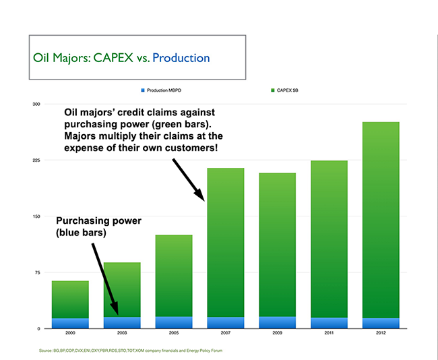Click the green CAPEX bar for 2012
(381, 220)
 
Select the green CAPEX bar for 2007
(226, 242)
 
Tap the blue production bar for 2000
(70, 324)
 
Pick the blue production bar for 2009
(278, 322)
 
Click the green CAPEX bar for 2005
(174, 276)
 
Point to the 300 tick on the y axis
(36, 104)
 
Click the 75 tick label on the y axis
(38, 272)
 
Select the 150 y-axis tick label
(36, 216)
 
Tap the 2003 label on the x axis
(122, 333)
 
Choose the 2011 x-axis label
(329, 333)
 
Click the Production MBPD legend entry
(161, 90)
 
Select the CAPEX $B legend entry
(284, 90)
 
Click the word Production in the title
(181, 58)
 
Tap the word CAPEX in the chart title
(113, 58)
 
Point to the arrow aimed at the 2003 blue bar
(105, 279)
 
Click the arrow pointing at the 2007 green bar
(189, 180)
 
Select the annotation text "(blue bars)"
(81, 233)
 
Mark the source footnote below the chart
(131, 351)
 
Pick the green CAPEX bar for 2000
(70, 299)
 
